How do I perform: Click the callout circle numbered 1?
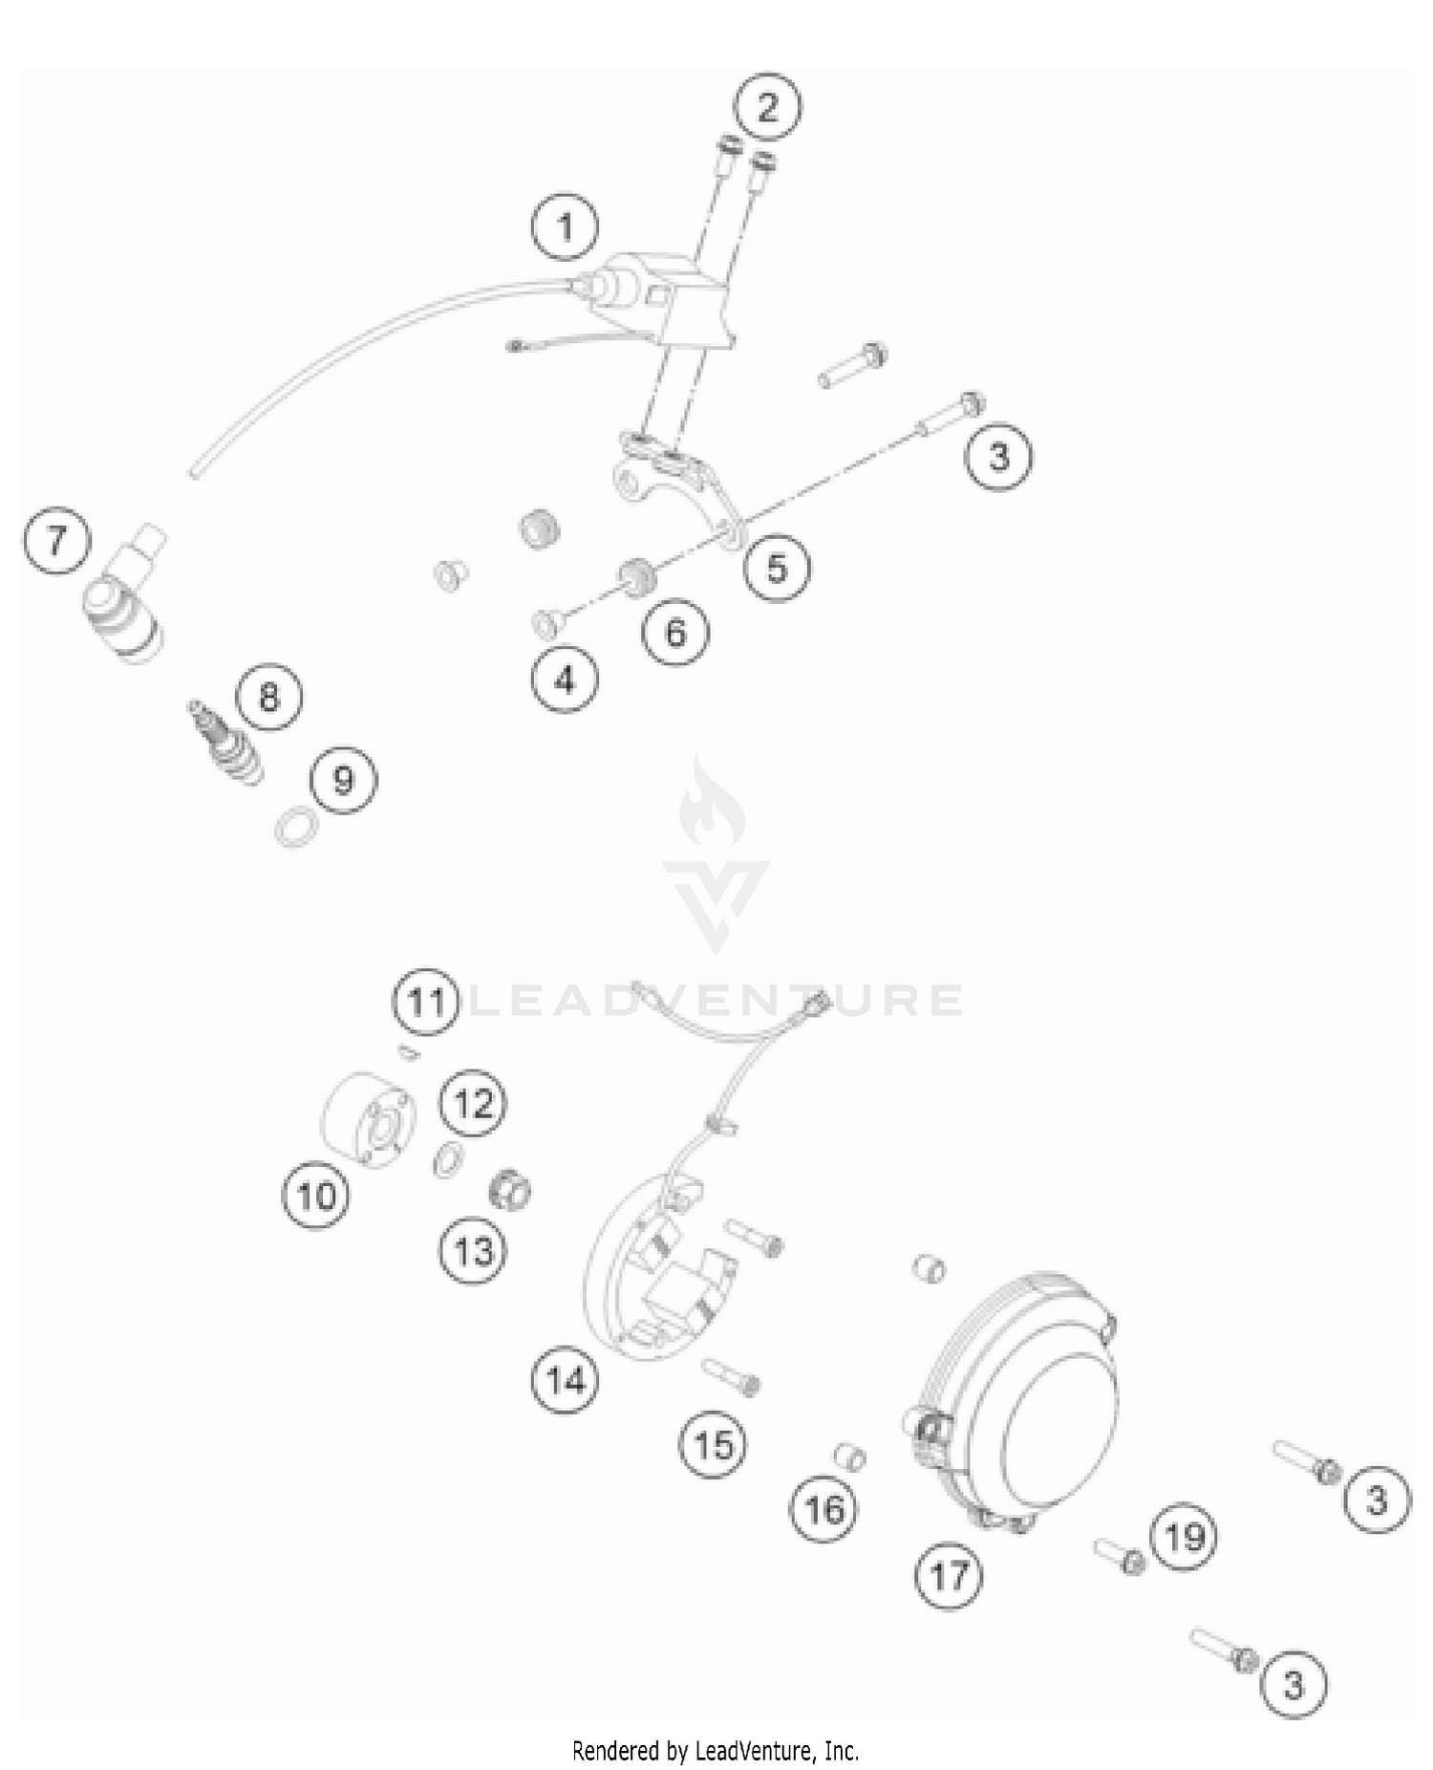(x=566, y=228)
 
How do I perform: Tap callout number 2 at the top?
(x=768, y=107)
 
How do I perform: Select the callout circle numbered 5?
(x=777, y=569)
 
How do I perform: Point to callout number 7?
(x=56, y=541)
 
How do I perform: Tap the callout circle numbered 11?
(x=426, y=1003)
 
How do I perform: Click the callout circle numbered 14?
(x=565, y=1380)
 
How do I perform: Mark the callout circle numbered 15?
(x=713, y=1445)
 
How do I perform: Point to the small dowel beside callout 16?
(x=849, y=1457)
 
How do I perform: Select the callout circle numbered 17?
(x=949, y=1575)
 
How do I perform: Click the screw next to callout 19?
(x=1120, y=1556)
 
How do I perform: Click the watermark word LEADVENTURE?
(x=716, y=1000)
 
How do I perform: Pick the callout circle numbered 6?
(x=674, y=633)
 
